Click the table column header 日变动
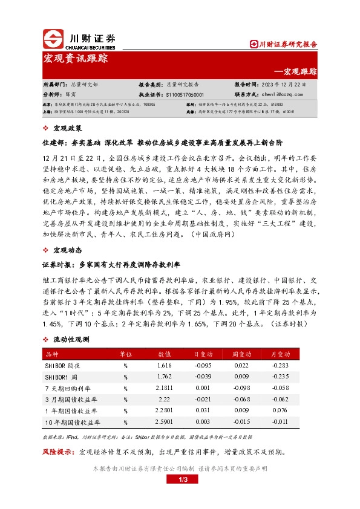pos(202,354)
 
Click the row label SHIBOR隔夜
pos(63,365)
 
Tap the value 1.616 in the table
pos(165,365)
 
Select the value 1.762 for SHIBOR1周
pos(165,375)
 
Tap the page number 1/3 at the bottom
pos(180,480)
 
